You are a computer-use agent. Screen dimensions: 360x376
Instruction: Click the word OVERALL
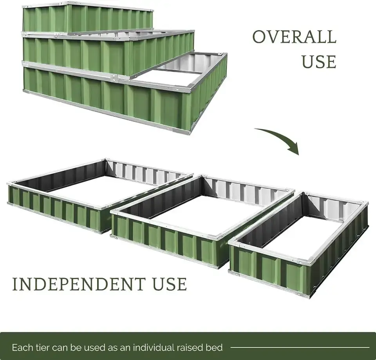(294, 37)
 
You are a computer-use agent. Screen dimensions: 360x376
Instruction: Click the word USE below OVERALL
(318, 62)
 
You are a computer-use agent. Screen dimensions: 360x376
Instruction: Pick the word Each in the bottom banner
(20, 347)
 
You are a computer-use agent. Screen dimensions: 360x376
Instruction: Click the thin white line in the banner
(300, 347)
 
